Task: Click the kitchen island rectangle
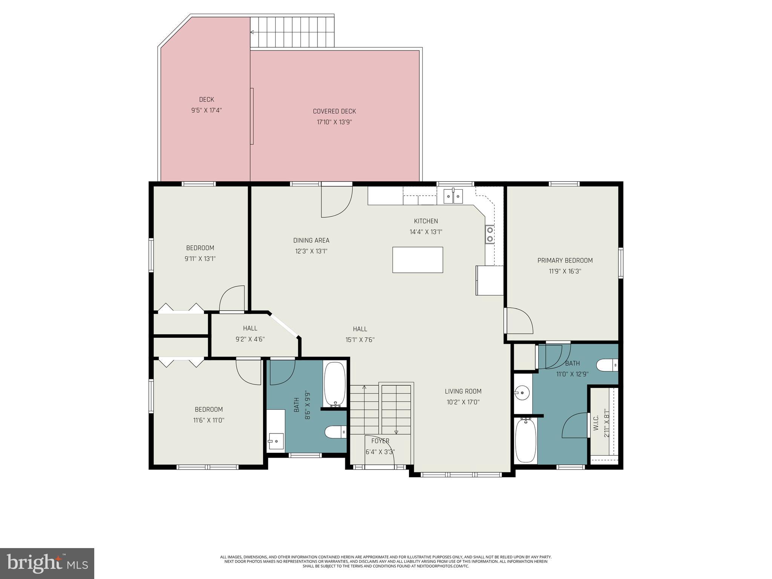click(417, 260)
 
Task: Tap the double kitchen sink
click(453, 196)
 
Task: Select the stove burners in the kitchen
click(490, 234)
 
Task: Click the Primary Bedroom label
click(565, 260)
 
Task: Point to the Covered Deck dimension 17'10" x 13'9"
click(334, 122)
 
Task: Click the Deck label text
click(206, 100)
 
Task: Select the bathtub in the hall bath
click(334, 384)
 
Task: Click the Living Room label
click(463, 391)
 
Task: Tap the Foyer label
click(380, 441)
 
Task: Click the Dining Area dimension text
click(311, 251)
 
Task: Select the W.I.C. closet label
click(596, 423)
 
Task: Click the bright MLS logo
click(47, 563)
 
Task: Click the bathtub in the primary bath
click(525, 440)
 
